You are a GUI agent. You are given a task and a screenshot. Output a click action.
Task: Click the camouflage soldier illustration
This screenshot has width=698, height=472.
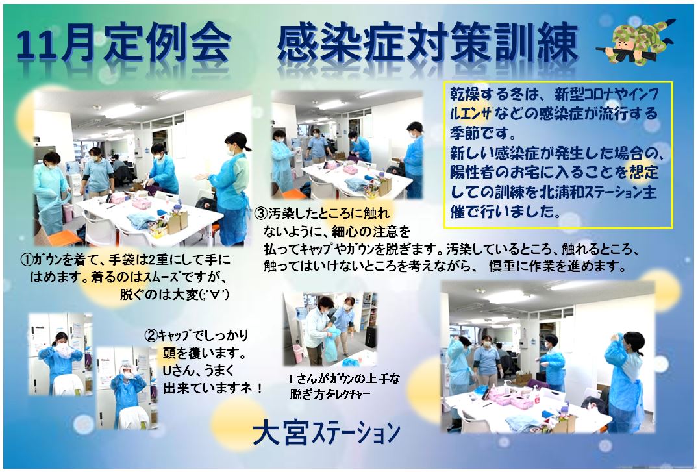pos(636,41)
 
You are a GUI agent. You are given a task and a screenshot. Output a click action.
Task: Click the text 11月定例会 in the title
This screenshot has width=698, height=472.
pos(123,45)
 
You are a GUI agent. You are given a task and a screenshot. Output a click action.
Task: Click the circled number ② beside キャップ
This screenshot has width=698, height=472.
pos(151,335)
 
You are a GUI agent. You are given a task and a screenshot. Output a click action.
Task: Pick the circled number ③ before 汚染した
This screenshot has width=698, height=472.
pos(261,214)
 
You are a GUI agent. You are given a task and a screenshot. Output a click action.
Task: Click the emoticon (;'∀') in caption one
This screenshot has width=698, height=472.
pos(214,294)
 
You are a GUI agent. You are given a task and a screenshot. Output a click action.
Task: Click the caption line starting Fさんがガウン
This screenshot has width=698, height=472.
pos(345,379)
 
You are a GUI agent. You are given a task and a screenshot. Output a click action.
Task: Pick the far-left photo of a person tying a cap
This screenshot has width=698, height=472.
pos(60,354)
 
